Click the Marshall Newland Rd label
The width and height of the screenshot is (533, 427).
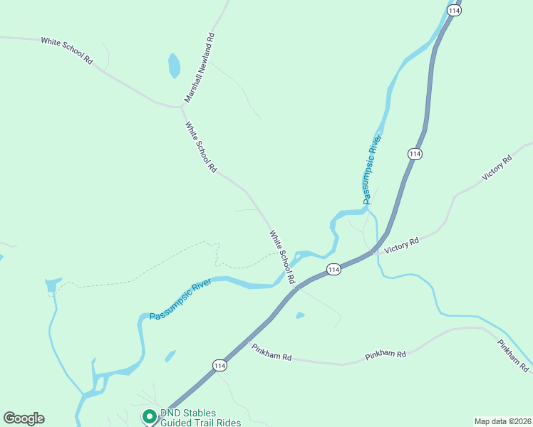tap(200, 67)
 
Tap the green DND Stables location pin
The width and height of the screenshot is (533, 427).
tap(150, 416)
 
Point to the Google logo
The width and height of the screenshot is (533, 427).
tap(24, 418)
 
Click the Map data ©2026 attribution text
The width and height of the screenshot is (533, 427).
tap(502, 421)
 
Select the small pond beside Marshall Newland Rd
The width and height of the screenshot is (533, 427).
tap(174, 65)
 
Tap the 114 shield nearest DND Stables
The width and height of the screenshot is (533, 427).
tap(219, 365)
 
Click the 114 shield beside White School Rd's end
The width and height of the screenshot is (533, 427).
tap(333, 269)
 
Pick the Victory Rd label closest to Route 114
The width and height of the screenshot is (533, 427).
tap(401, 246)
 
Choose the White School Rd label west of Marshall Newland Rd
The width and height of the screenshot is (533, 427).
tap(67, 51)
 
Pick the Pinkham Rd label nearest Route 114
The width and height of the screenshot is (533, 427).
tap(272, 352)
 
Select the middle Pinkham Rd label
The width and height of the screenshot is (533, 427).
tap(385, 354)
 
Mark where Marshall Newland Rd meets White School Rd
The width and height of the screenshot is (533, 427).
tap(180, 107)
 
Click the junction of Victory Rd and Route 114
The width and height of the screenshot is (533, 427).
tap(373, 251)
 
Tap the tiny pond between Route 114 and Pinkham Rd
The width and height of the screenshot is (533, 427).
tap(300, 315)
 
